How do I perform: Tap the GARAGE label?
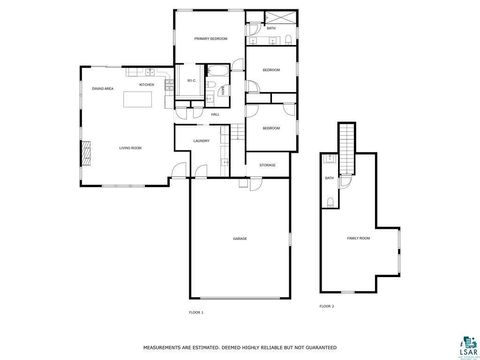tap(240, 239)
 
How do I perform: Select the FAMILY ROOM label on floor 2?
tap(357, 238)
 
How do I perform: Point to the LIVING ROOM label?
tap(130, 148)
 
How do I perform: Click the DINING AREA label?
tap(101, 89)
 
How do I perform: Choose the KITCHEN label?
tap(146, 86)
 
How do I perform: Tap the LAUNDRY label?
tap(200, 141)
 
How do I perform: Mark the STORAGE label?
tap(267, 164)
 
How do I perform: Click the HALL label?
tap(215, 115)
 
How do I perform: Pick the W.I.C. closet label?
tap(191, 81)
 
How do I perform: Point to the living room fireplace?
tap(86, 150)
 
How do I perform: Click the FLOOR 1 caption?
tap(196, 313)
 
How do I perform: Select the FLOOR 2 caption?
tap(326, 305)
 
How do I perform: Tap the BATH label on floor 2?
tap(329, 178)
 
